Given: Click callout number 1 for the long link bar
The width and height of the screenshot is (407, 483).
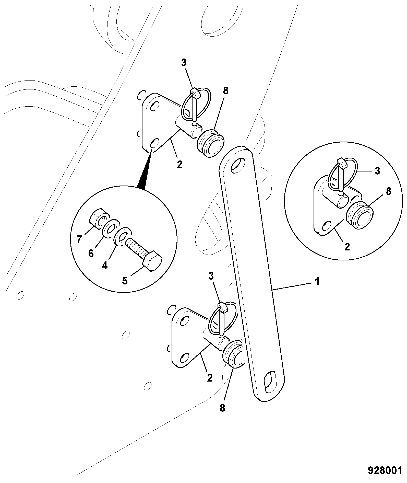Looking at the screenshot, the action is tap(317, 282).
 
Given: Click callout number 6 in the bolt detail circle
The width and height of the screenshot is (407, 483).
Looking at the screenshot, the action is tap(91, 253).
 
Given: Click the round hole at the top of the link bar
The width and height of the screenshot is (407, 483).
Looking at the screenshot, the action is tap(237, 165).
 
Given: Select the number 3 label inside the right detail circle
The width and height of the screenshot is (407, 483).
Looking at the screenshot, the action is tap(377, 171).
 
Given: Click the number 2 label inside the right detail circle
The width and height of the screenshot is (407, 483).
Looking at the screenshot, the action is tap(347, 247).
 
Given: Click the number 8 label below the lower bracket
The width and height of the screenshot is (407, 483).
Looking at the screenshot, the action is tap(222, 408).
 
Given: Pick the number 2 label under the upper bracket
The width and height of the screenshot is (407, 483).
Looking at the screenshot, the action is tap(179, 165).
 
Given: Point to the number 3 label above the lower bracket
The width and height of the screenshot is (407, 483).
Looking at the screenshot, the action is tap(211, 276).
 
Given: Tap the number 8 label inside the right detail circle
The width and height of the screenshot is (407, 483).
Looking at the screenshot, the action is tap(388, 191).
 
